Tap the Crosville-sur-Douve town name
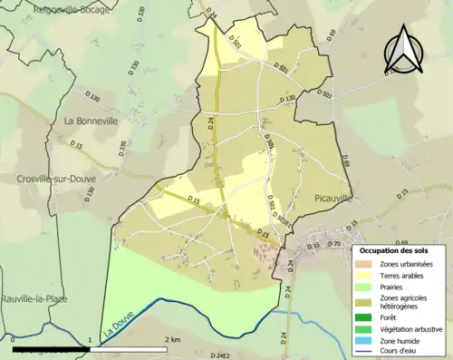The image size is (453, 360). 55,180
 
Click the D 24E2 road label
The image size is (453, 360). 223,355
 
